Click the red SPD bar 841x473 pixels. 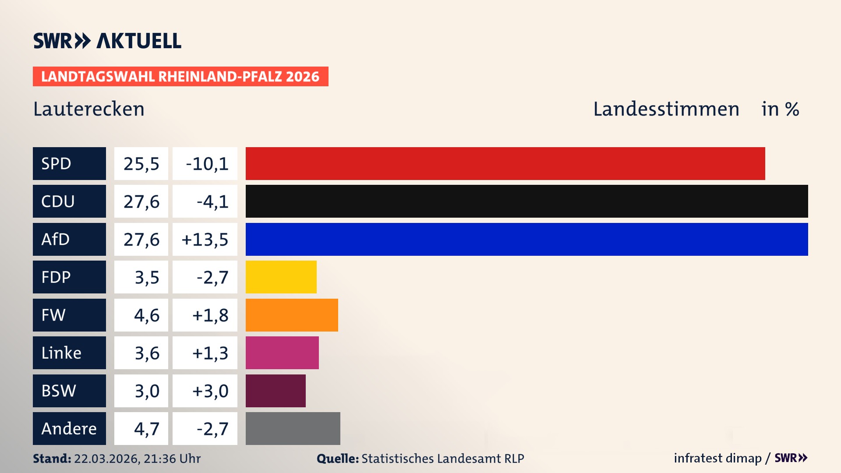(x=505, y=163)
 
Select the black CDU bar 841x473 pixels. (x=527, y=201)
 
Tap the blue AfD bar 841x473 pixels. (x=527, y=239)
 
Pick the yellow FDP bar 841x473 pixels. (x=281, y=277)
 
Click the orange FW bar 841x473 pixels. (x=292, y=315)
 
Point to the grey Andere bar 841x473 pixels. (x=293, y=428)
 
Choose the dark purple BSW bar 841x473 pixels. (x=276, y=391)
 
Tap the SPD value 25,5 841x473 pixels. (x=141, y=164)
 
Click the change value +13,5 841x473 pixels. (x=205, y=240)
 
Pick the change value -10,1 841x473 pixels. (x=207, y=164)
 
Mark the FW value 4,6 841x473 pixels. (x=146, y=315)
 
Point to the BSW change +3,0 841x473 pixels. (x=210, y=391)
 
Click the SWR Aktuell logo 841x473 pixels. (x=107, y=41)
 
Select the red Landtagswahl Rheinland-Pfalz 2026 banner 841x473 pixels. (x=180, y=77)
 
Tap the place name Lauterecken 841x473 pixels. (x=89, y=109)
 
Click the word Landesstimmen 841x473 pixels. (x=666, y=109)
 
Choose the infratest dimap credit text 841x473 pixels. (x=717, y=458)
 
